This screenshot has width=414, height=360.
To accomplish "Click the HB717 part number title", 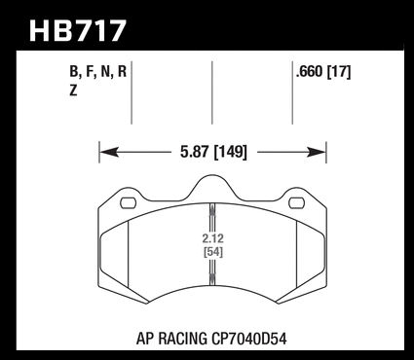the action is (77, 30).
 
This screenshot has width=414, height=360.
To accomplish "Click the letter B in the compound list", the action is (74, 72).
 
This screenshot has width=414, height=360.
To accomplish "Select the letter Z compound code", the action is (73, 90).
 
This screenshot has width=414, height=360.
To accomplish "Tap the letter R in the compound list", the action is (122, 72).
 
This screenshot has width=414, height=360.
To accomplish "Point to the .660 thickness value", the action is (310, 72).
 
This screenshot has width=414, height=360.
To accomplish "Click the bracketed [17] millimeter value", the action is (339, 72).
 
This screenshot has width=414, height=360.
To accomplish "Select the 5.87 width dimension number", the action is (194, 152).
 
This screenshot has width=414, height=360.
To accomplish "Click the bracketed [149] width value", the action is (231, 152).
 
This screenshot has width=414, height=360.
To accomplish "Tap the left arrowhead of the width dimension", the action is (109, 152).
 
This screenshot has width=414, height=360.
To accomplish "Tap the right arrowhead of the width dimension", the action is (316, 152).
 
